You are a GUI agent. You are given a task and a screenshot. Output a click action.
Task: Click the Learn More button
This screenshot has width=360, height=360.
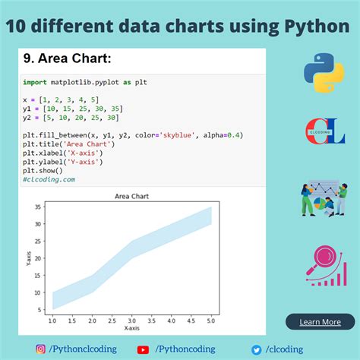click(x=320, y=321)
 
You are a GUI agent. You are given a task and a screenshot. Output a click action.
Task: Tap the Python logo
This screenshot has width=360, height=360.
click(x=324, y=73)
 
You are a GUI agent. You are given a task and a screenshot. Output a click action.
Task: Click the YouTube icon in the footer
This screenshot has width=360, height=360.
click(x=143, y=349)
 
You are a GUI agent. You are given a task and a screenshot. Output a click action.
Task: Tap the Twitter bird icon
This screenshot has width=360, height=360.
click(x=257, y=349)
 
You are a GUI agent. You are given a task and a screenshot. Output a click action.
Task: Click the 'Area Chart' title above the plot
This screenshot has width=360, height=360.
click(x=131, y=196)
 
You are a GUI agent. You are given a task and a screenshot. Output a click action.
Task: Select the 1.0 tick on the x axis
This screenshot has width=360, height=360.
click(x=52, y=322)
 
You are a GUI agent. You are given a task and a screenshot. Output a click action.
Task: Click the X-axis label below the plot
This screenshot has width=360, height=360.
click(x=131, y=329)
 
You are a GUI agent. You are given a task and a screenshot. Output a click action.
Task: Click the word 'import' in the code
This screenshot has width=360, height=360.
click(x=34, y=82)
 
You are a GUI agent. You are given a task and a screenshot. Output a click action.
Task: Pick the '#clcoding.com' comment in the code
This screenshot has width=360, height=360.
click(x=49, y=179)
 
